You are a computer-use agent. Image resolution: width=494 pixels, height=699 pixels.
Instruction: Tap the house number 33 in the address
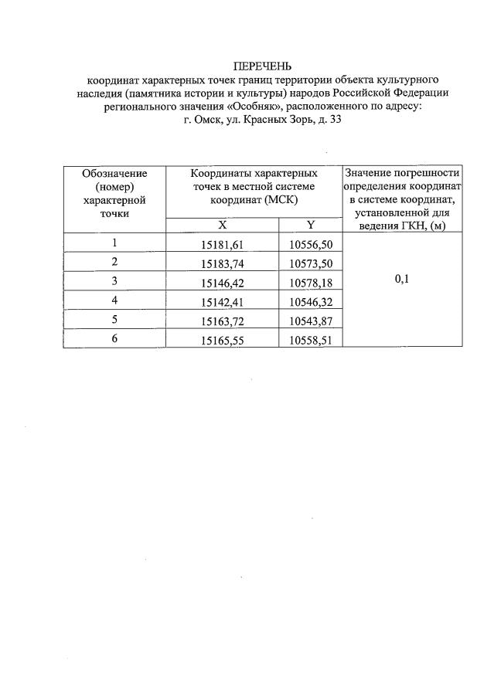click(x=335, y=120)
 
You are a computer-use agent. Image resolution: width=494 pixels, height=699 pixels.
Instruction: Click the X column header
click(x=223, y=225)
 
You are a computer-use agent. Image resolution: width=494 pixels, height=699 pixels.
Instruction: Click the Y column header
click(x=311, y=225)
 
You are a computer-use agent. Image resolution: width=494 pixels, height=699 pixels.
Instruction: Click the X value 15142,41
click(x=222, y=300)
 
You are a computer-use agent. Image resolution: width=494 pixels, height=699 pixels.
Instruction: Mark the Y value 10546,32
click(x=310, y=300)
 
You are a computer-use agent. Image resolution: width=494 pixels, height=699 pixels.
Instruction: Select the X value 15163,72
click(x=222, y=320)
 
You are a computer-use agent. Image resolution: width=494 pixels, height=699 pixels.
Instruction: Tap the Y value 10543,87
click(x=310, y=320)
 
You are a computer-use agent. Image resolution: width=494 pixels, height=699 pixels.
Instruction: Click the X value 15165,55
click(x=222, y=339)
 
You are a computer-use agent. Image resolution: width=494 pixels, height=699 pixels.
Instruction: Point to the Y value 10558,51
click(x=310, y=339)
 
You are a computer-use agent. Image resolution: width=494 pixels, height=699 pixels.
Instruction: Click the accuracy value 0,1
click(x=402, y=280)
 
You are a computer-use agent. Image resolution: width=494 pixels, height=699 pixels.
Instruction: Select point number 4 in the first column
click(x=114, y=300)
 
